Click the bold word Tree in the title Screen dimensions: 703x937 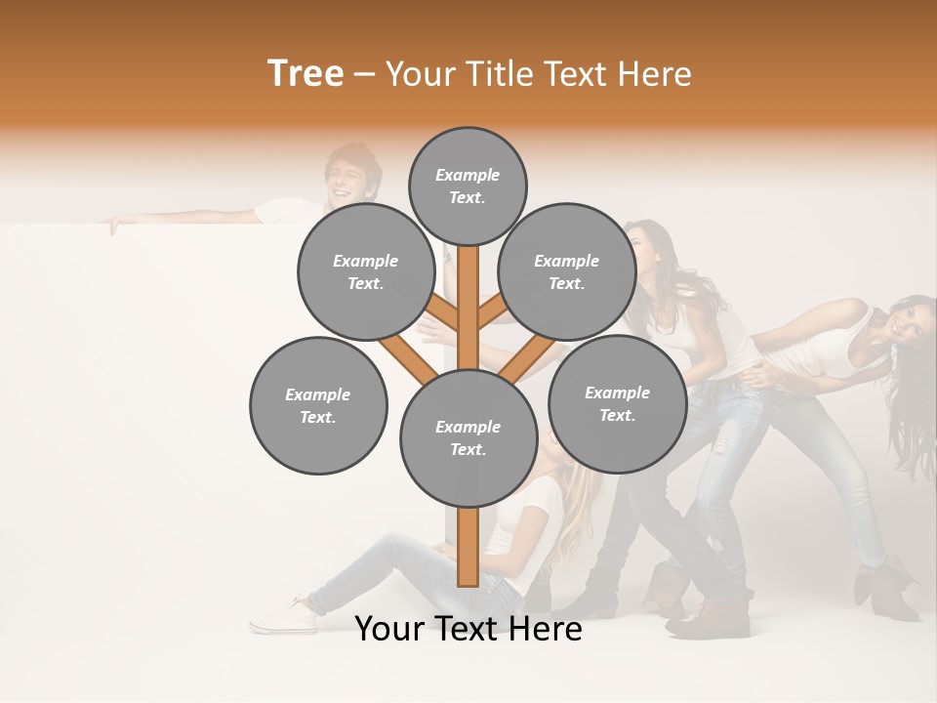(x=306, y=74)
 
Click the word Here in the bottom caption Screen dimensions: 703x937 (x=548, y=630)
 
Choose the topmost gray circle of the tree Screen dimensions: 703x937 (x=468, y=186)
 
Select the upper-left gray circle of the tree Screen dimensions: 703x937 (x=366, y=271)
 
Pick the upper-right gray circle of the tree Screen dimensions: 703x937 (x=567, y=271)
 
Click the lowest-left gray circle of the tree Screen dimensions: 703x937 (x=318, y=405)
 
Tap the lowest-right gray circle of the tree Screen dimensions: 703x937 (x=617, y=403)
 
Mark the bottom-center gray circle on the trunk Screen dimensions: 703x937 (x=468, y=437)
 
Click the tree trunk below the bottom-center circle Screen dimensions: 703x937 (x=468, y=547)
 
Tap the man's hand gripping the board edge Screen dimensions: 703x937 (x=116, y=225)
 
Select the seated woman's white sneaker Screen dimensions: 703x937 (x=283, y=615)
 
